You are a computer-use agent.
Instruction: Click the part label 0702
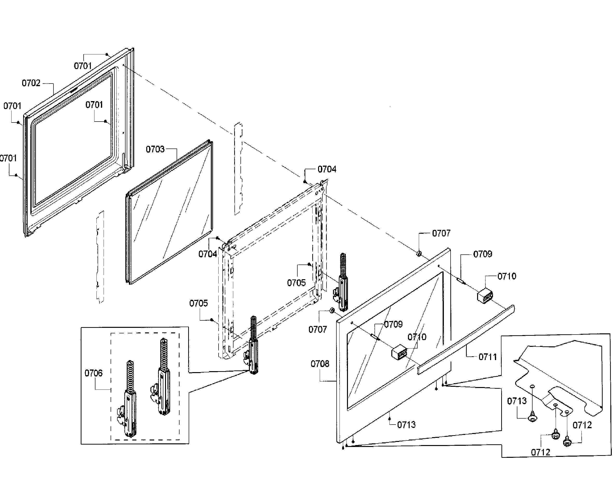coord(31,83)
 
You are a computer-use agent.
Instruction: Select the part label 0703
coord(155,149)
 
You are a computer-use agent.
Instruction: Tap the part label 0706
coord(93,373)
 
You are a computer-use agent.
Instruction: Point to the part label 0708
coord(320,364)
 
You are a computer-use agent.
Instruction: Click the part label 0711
coord(488,357)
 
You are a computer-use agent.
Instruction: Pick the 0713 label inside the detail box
coord(517,401)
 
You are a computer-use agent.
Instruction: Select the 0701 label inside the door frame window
coord(94,105)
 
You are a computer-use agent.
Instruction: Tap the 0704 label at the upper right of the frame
coord(327,169)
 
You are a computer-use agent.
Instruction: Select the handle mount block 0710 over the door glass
coord(399,352)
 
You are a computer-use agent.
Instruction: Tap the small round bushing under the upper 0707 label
coord(419,253)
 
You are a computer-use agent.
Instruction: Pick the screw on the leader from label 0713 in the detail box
coord(532,418)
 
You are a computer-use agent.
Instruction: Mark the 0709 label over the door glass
coord(393,324)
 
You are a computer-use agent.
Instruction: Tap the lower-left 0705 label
coord(198,303)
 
